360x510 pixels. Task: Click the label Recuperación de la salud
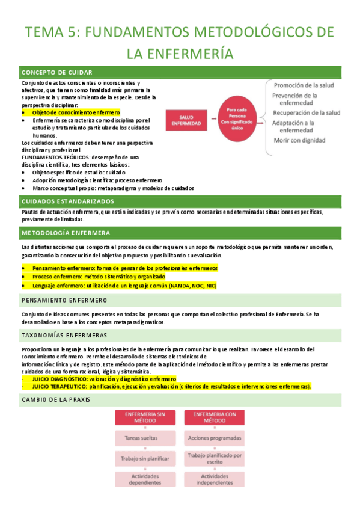[306, 112]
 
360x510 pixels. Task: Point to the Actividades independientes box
[215, 479]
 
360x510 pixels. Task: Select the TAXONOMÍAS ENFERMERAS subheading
[64, 335]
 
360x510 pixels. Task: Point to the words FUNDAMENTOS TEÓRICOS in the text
[49, 157]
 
